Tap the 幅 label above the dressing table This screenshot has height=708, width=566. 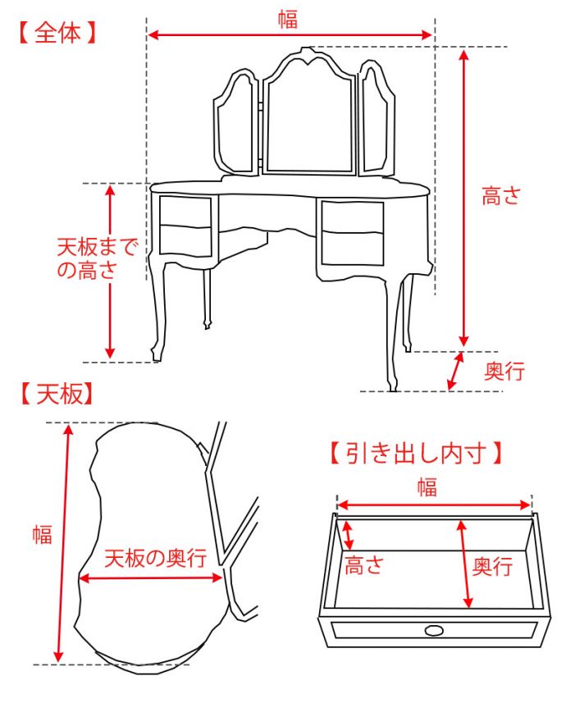coord(287,20)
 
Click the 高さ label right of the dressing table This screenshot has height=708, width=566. coord(500,196)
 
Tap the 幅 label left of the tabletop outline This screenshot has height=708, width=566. coord(42,535)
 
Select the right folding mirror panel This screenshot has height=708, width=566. coord(376,123)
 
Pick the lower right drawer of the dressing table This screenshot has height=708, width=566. coord(353,248)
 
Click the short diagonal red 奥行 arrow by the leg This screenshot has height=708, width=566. coord(454,371)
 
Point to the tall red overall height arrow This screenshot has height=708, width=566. coord(464,197)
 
